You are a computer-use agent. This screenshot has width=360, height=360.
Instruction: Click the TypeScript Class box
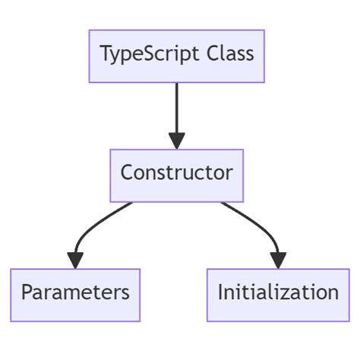click(177, 56)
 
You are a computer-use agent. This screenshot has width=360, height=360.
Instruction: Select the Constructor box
click(177, 175)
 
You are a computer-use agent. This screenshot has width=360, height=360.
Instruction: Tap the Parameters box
click(75, 295)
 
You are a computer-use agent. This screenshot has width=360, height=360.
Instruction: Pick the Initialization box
click(278, 295)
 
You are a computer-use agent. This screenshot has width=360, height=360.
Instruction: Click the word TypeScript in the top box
click(150, 55)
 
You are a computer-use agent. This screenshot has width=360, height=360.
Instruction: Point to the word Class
click(230, 53)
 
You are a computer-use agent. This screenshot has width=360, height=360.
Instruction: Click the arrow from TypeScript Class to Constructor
click(177, 116)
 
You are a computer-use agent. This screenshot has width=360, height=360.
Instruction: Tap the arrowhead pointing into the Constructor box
click(177, 141)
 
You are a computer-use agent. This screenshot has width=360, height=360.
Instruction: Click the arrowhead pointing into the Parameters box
click(75, 261)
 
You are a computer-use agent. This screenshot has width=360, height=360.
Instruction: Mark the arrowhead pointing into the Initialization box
click(278, 261)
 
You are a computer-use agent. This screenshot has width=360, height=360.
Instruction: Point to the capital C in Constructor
click(127, 172)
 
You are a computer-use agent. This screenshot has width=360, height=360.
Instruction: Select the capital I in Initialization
click(220, 292)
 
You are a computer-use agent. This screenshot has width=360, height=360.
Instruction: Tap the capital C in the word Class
click(213, 53)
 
